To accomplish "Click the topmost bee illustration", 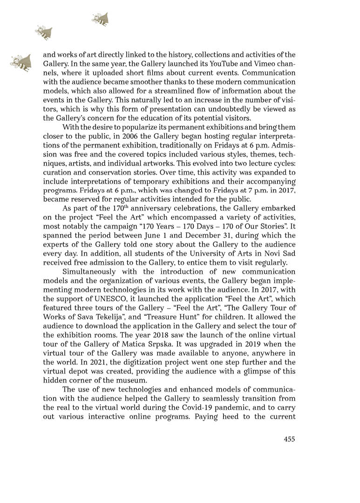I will [101, 19].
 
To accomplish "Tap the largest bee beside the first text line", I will [21, 62].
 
